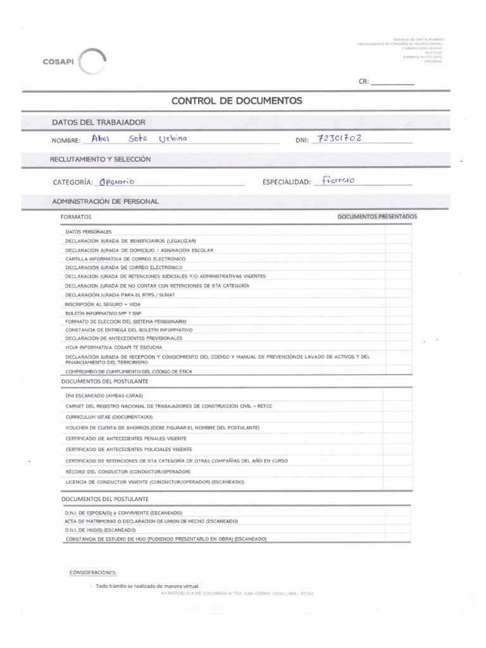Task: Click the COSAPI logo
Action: [x=73, y=62]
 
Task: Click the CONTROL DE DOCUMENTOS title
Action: [x=237, y=101]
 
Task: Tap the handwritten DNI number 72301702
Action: [x=337, y=137]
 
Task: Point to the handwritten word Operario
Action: [x=114, y=181]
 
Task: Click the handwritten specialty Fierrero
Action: [x=339, y=180]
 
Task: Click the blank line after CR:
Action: [x=392, y=82]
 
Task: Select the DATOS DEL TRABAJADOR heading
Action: [x=98, y=121]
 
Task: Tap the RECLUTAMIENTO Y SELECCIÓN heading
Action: [x=100, y=159]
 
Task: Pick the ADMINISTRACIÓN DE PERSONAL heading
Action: [x=105, y=201]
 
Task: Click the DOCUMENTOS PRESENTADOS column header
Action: [x=377, y=217]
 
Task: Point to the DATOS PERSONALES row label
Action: [x=88, y=232]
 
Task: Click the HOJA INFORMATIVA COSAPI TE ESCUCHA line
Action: [x=113, y=347]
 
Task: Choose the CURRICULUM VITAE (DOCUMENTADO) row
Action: [x=109, y=418]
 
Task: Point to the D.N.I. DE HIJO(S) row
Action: [x=100, y=530]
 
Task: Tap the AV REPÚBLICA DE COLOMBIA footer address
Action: [x=237, y=594]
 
